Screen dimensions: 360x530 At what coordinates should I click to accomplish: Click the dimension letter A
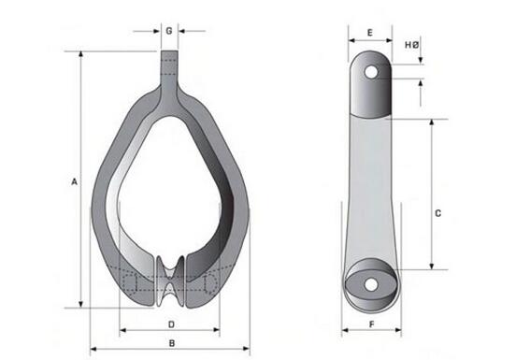(73, 182)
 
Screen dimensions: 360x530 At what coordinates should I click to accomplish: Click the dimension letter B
(171, 343)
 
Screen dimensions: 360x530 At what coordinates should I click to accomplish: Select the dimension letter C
(438, 213)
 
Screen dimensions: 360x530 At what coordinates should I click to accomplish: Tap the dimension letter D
(171, 324)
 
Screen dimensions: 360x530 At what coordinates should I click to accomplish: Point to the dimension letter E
(370, 33)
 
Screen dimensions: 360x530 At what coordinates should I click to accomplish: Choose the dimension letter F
(371, 324)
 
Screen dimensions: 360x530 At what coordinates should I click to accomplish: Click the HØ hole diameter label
(411, 44)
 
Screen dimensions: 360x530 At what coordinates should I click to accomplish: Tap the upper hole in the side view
(371, 72)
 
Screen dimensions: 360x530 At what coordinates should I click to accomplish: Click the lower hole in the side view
(371, 283)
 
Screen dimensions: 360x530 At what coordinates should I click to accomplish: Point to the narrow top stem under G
(168, 67)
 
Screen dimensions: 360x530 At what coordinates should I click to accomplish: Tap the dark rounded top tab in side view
(371, 84)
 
